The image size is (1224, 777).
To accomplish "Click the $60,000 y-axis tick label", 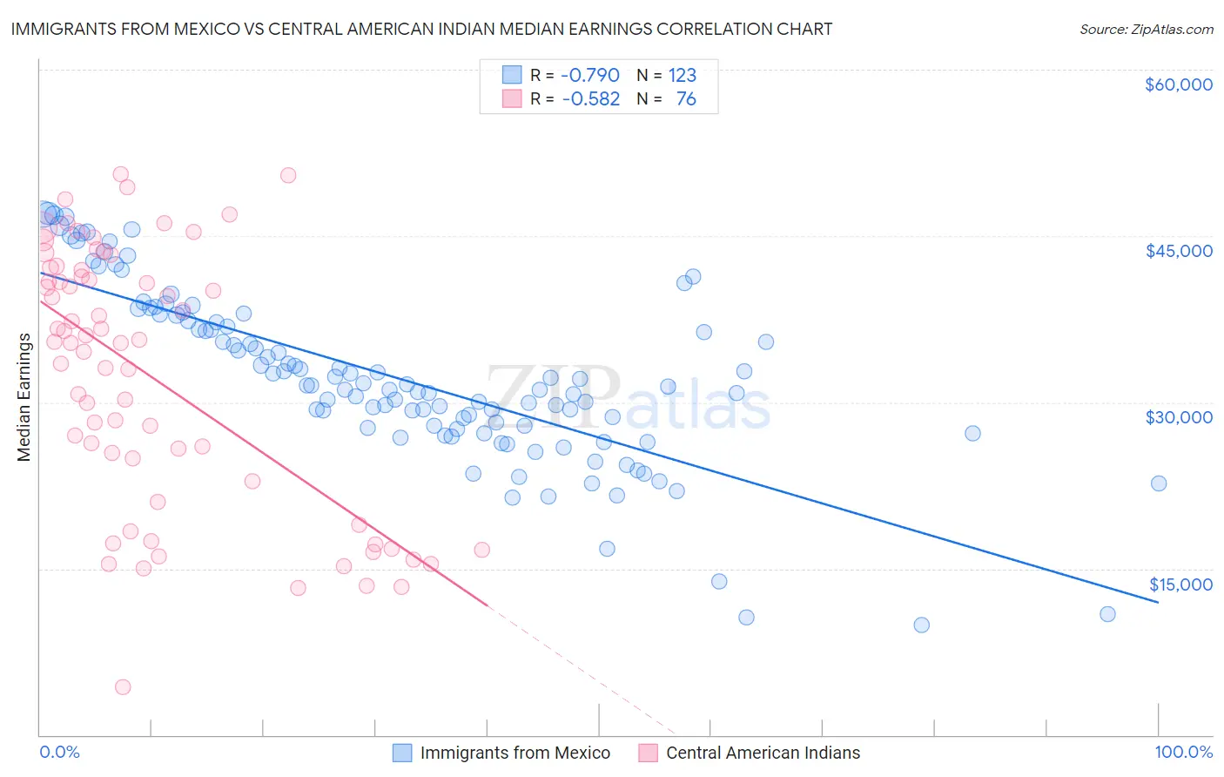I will coord(1179,84).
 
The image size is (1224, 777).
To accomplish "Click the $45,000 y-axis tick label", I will coord(1179,251).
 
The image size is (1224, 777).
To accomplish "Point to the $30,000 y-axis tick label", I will coord(1179,417).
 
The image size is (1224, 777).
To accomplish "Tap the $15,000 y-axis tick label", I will coord(1180,584).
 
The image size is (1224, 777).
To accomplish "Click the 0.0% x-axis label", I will coord(59,753).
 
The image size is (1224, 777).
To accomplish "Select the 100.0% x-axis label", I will coord(1183,753).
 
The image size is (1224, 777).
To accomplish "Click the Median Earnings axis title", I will coord(24,397).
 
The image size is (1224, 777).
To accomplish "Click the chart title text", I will coord(421,29).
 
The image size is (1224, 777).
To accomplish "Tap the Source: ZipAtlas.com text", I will coord(1146,30).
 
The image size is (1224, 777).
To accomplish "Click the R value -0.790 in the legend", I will coord(590,76).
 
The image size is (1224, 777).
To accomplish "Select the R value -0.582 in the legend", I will coord(590,99).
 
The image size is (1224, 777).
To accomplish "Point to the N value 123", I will coord(683,76).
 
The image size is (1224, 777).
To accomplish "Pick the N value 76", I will coord(686,99).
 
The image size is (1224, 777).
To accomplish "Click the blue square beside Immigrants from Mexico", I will coord(402,753).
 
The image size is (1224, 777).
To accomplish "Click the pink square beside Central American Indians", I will coord(648,753).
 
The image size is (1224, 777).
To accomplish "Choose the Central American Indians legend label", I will coord(763,753).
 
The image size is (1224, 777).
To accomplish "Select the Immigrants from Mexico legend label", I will coord(515,753).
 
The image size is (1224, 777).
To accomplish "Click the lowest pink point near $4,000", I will coord(123,687).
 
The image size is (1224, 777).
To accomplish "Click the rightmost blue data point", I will coord(1159,483).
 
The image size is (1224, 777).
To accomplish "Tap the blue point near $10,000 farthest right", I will coord(1107,614).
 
